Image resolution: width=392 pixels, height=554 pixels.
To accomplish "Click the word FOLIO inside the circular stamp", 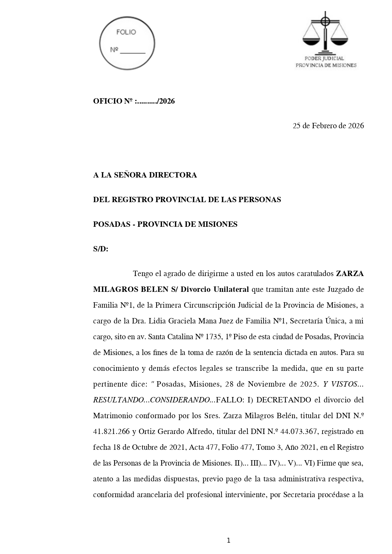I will pos(126,32).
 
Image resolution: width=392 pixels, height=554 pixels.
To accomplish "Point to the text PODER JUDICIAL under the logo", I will pos(324,58).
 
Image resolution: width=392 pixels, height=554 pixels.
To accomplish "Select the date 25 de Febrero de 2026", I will pos(328,126).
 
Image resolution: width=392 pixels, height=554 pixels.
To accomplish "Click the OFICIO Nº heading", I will pos(134,101).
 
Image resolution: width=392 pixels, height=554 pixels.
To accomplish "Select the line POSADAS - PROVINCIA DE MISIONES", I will pos(165,224).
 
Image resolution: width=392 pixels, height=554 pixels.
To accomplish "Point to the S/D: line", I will pos(100,249).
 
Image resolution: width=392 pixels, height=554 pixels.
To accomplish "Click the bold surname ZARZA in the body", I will pos(349,274).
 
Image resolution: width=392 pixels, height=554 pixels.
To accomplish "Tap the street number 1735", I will pos(214,337).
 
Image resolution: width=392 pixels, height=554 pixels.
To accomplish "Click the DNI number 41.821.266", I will pos(111,431).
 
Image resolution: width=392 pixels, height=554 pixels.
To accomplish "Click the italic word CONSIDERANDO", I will pos(180,400).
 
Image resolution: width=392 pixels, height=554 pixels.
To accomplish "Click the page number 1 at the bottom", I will pos(228,540).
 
